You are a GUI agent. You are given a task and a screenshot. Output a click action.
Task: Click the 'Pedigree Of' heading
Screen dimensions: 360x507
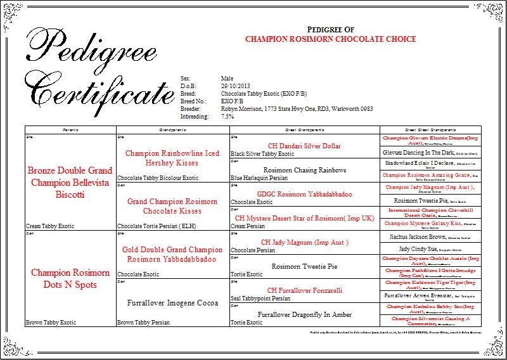[330, 29]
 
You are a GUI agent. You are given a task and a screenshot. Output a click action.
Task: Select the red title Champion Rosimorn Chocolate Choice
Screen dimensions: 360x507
[330, 39]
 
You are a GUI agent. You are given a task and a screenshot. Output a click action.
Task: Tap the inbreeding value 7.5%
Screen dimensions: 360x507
[228, 117]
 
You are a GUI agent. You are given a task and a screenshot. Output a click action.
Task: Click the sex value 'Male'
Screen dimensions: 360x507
[228, 76]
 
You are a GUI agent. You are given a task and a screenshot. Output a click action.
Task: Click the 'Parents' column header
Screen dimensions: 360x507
[70, 129]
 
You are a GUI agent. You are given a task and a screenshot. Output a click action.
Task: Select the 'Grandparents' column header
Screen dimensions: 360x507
[172, 129]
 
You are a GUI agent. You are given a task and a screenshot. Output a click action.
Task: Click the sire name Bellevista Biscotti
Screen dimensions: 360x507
[70, 183]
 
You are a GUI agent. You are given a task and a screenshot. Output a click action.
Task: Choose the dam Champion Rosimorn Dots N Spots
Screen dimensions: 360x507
[70, 279]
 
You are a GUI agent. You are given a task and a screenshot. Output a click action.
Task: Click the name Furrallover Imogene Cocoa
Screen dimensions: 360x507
[172, 303]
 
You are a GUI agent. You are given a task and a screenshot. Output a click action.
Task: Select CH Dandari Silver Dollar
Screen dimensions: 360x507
[305, 146]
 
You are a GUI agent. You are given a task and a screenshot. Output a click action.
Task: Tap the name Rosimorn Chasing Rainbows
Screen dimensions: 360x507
[305, 170]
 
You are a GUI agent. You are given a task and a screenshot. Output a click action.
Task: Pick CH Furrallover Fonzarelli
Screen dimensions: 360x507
[305, 290]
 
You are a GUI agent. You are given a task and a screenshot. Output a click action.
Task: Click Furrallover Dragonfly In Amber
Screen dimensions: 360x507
[305, 314]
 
